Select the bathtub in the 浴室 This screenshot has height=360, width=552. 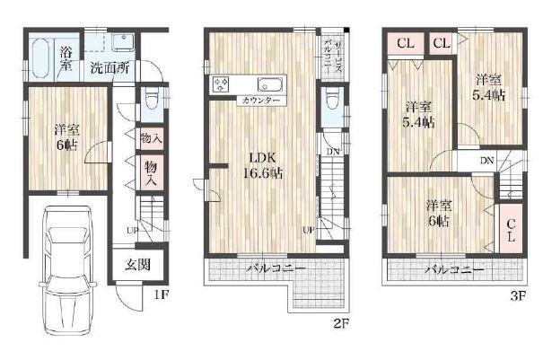click(x=41, y=58)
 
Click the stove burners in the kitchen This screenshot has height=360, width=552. click(x=221, y=85)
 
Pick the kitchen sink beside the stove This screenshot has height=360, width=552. click(x=272, y=85)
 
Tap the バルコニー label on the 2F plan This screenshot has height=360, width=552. click(x=276, y=268)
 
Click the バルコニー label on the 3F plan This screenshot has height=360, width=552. click(x=454, y=268)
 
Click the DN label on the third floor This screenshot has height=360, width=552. click(x=486, y=161)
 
